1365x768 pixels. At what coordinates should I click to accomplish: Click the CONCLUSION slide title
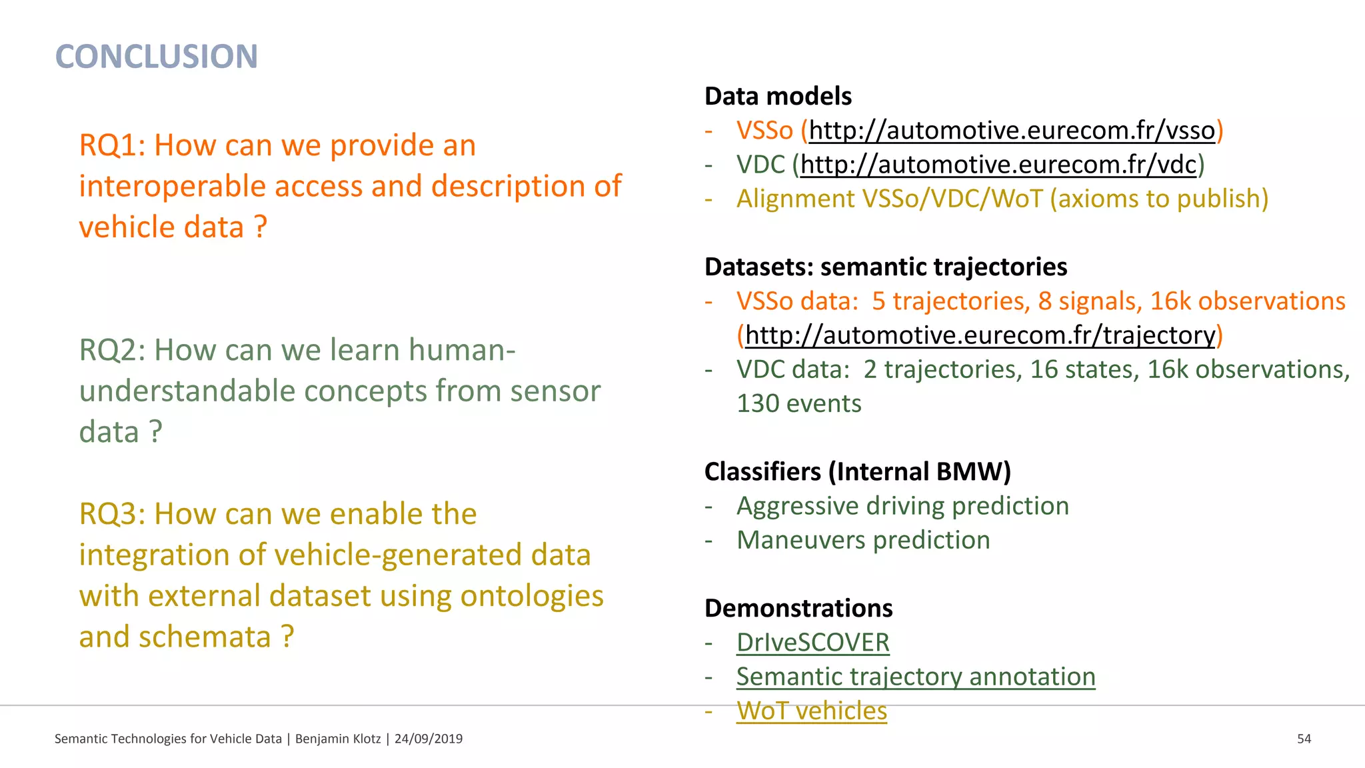point(156,57)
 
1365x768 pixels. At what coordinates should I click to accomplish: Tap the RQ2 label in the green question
point(111,350)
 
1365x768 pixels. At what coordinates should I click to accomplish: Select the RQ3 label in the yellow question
point(111,514)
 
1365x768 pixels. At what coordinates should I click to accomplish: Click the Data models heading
point(778,97)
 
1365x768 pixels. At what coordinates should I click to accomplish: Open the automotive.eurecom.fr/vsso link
point(1011,131)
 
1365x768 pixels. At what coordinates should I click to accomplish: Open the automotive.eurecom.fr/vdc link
point(998,165)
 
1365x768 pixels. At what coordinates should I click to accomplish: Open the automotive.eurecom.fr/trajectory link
point(980,335)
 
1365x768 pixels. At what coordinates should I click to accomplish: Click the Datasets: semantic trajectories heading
point(886,267)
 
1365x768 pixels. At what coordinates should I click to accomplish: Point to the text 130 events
point(798,404)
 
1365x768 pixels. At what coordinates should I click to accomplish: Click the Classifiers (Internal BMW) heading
point(857,472)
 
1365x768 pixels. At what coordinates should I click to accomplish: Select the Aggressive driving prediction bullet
point(902,506)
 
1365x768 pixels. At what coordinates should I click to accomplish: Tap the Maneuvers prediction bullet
point(863,540)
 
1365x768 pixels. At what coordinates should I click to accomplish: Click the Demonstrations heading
point(798,609)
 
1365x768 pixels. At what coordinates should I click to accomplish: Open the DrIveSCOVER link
point(812,643)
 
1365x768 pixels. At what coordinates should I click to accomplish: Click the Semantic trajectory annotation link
point(915,677)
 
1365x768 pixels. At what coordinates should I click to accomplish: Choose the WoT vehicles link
point(811,711)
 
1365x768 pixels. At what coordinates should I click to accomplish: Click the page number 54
point(1304,739)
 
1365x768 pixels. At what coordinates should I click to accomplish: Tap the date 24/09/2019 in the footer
point(428,739)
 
